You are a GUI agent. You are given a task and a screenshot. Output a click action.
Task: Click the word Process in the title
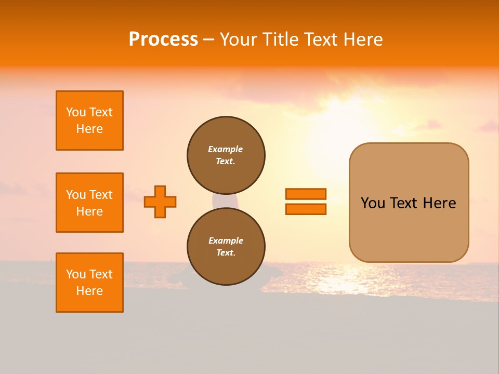click(x=163, y=39)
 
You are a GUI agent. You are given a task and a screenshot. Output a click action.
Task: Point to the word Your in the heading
click(x=238, y=39)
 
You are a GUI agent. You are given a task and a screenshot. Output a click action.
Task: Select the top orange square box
click(x=89, y=121)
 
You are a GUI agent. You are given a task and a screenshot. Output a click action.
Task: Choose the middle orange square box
click(x=89, y=203)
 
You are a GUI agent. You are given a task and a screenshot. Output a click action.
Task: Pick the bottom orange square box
click(x=89, y=283)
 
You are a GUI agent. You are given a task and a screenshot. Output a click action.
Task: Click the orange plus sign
click(x=160, y=202)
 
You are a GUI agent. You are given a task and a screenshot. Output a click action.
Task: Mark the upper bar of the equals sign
click(x=306, y=194)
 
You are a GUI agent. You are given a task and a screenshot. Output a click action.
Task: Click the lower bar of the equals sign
click(x=306, y=209)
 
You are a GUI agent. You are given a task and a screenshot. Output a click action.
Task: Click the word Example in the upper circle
click(x=226, y=149)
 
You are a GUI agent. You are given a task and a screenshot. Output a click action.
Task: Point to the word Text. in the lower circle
click(x=226, y=252)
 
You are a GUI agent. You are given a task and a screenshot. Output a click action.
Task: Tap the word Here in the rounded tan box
click(x=439, y=203)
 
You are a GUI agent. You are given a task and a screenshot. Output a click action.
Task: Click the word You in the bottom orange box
click(x=76, y=274)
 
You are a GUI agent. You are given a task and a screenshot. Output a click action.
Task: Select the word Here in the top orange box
click(x=89, y=129)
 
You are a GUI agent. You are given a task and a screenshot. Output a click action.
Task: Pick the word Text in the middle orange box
click(x=101, y=195)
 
